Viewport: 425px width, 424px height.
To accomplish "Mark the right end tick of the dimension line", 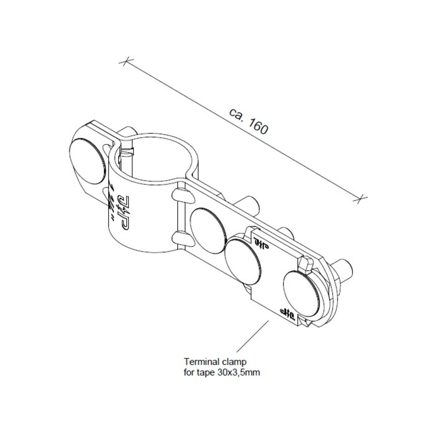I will (361, 199).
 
